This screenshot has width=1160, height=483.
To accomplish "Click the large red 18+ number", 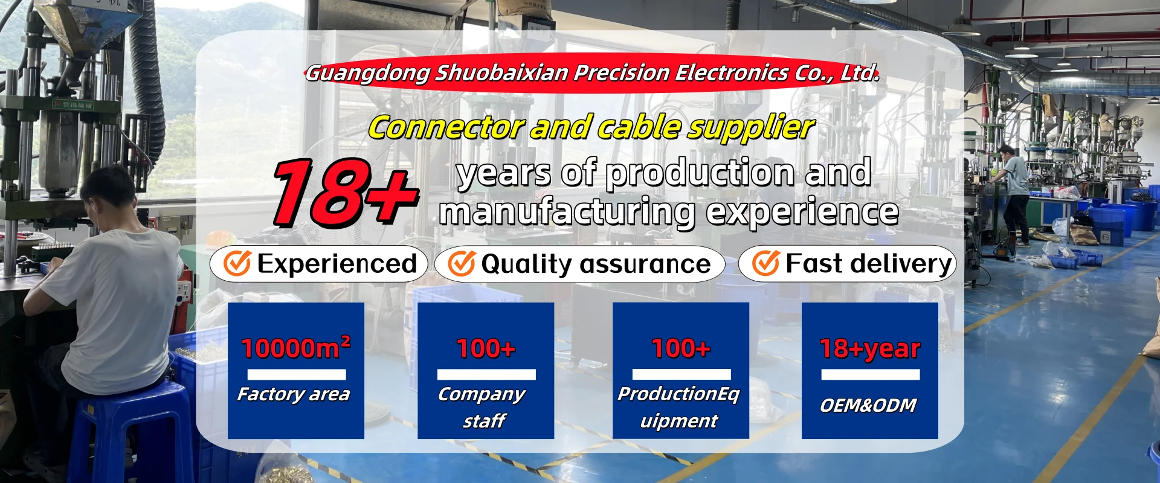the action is (x=346, y=192).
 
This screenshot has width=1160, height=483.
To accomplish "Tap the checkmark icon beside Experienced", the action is (x=237, y=263).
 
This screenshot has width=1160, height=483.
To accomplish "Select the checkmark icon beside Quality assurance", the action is (x=462, y=263).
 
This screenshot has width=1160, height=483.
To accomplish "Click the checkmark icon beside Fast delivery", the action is (x=766, y=263).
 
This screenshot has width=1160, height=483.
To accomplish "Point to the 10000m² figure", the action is (x=296, y=347).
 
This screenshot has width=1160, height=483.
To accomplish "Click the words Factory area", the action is (x=294, y=394).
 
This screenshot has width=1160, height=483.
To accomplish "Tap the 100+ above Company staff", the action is (x=486, y=348).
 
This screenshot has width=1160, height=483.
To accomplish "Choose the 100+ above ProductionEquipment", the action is (x=681, y=348).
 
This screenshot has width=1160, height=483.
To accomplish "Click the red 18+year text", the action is (x=870, y=349).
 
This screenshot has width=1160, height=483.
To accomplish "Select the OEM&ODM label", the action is (x=868, y=405).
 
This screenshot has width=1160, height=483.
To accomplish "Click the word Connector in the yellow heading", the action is (x=446, y=127).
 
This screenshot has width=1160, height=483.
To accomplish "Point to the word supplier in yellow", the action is (x=752, y=128).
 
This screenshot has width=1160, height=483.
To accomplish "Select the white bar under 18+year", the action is (x=870, y=374).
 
